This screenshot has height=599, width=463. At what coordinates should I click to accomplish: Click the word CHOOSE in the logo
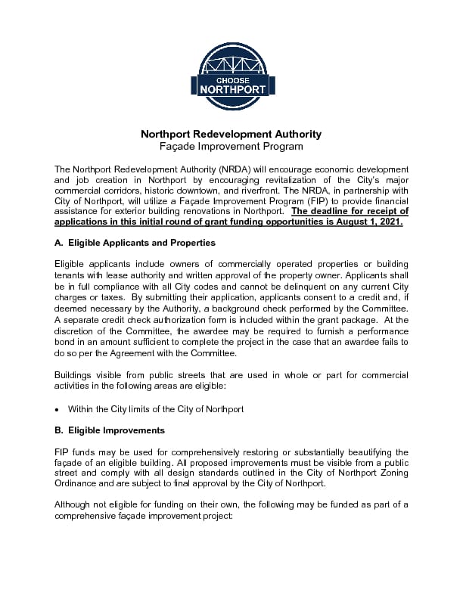231,79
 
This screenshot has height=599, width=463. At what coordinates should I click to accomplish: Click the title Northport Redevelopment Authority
231,134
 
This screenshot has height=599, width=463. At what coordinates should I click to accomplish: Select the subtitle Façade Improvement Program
231,146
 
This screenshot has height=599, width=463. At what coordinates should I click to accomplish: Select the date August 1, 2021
374,224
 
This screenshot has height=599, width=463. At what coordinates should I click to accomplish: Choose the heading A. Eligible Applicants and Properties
135,243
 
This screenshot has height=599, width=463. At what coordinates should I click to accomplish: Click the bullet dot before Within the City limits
57,409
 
